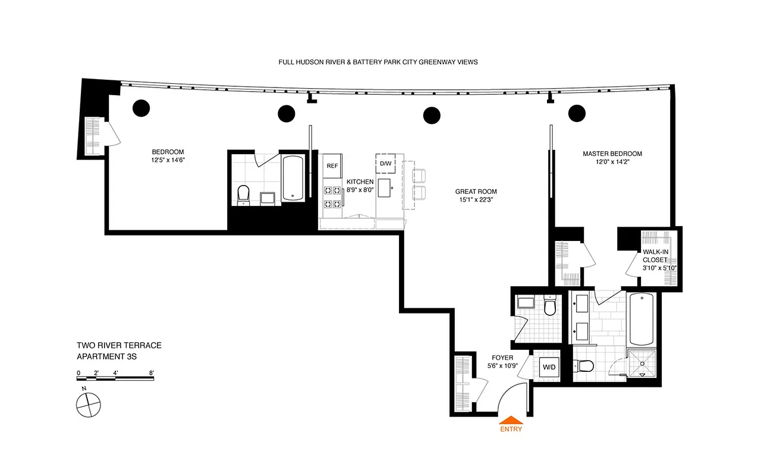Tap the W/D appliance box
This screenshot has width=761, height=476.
[549, 367]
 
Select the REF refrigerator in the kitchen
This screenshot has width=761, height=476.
[332, 166]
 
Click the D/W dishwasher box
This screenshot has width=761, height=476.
[385, 164]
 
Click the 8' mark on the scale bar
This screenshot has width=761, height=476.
[152, 374]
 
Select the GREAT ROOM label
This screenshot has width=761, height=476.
[476, 192]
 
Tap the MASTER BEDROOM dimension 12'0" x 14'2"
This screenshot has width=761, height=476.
[612, 162]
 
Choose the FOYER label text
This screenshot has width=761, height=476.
[503, 358]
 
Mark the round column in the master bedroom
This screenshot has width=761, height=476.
[577, 112]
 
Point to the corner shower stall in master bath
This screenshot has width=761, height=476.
[642, 367]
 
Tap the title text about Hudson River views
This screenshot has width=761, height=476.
[378, 62]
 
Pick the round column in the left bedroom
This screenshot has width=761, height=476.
[141, 108]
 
